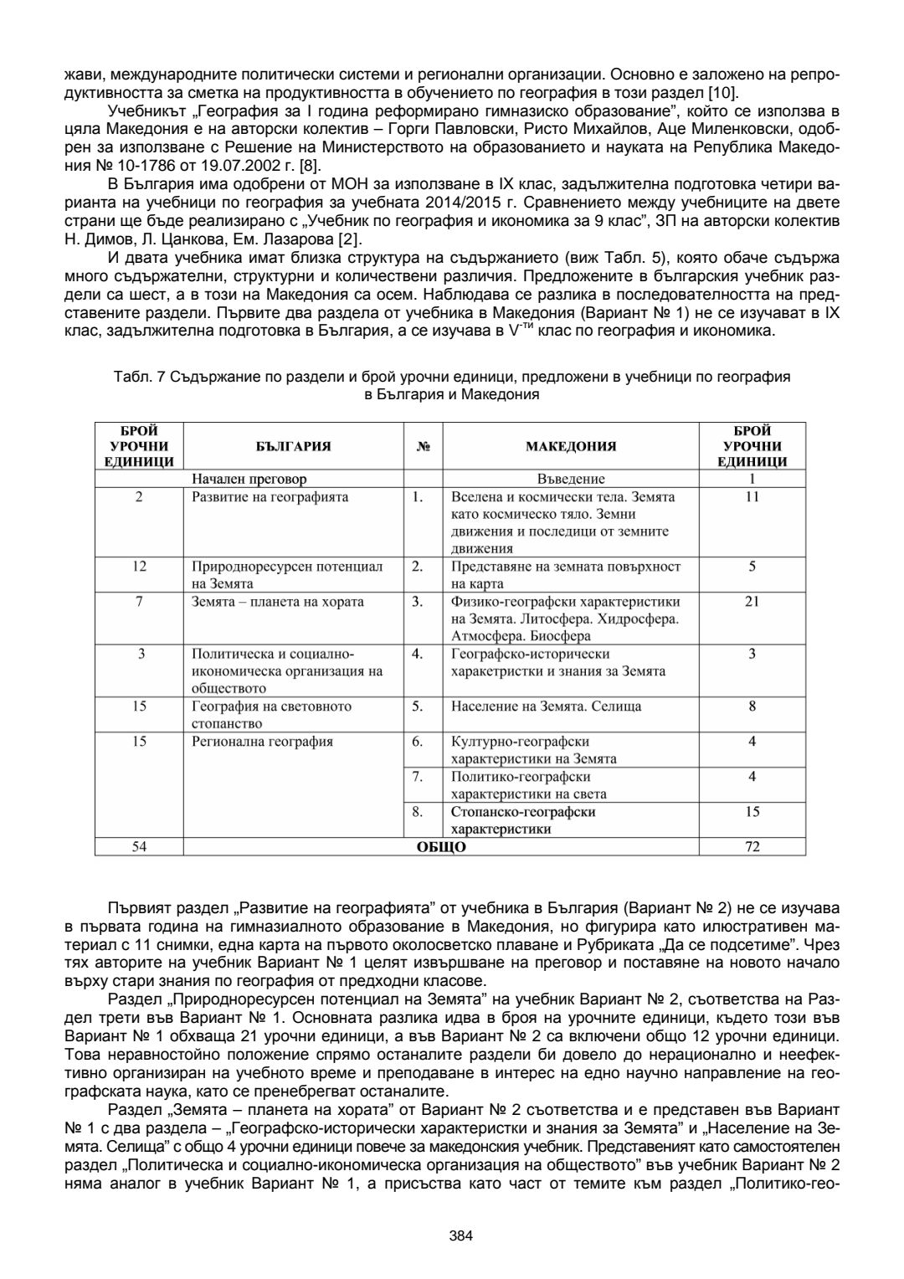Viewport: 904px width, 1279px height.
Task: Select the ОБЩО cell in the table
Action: pyautogui.click(x=441, y=847)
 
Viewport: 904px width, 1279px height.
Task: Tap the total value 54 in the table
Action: pyautogui.click(x=139, y=847)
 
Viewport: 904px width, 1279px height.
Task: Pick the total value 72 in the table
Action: pyautogui.click(x=752, y=847)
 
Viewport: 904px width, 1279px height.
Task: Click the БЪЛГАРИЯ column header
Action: pyautogui.click(x=293, y=446)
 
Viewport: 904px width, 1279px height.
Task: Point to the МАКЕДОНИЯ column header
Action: pyautogui.click(x=571, y=446)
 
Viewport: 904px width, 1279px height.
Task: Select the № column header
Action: pyautogui.click(x=423, y=446)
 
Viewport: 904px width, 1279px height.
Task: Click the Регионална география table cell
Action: pyautogui.click(x=263, y=742)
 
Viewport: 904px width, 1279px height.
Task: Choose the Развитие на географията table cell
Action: pyautogui.click(x=270, y=497)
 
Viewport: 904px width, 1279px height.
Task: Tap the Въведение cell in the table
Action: pyautogui.click(x=571, y=480)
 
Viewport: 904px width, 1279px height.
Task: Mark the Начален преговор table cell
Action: pyautogui.click(x=249, y=480)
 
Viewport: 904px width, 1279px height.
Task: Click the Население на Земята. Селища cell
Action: pyautogui.click(x=546, y=706)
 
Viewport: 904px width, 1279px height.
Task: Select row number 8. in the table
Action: pyautogui.click(x=418, y=812)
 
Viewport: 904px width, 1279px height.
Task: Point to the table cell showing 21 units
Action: pyautogui.click(x=752, y=602)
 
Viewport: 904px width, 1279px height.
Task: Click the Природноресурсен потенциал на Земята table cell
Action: pyautogui.click(x=287, y=575)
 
